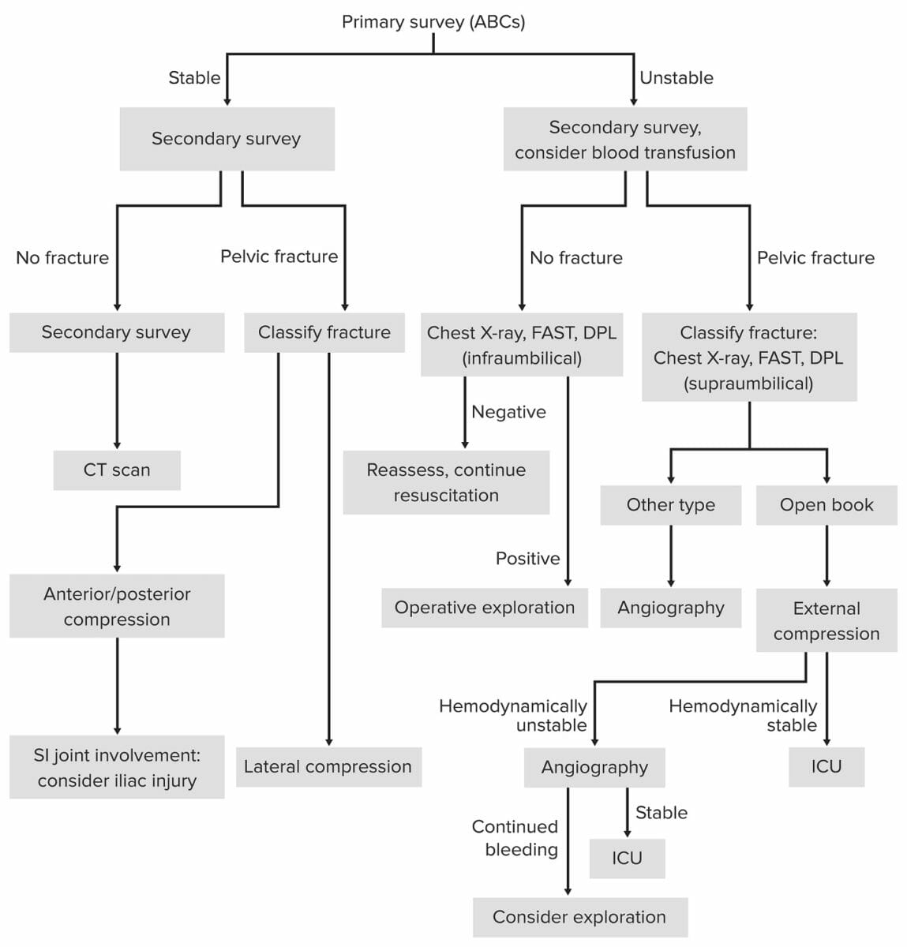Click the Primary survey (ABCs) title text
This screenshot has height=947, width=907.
pyautogui.click(x=433, y=22)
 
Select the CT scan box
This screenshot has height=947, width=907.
pyautogui.click(x=117, y=470)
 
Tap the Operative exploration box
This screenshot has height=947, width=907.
pyautogui.click(x=485, y=608)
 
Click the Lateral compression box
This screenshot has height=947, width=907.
pyautogui.click(x=328, y=767)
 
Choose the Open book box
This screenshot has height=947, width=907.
pyautogui.click(x=826, y=505)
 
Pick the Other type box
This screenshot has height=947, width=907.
pyautogui.click(x=670, y=505)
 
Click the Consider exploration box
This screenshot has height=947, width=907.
pyautogui.click(x=579, y=917)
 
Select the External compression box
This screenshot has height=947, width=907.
pyautogui.click(x=826, y=620)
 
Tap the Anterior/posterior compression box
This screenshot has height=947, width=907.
pyautogui.click(x=117, y=606)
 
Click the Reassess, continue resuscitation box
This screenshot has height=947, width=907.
pyautogui.click(x=446, y=482)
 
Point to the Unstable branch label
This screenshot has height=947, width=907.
pyautogui.click(x=677, y=78)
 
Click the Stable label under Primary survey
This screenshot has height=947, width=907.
pyautogui.click(x=194, y=78)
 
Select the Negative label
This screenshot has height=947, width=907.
pyautogui.click(x=508, y=412)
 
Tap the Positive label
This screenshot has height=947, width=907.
pyautogui.click(x=527, y=559)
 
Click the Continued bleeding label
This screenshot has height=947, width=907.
pyautogui.click(x=516, y=838)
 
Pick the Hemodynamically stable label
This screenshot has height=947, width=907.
pyautogui.click(x=744, y=715)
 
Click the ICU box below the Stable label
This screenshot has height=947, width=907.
pyautogui.click(x=627, y=859)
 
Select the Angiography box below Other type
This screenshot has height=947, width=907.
pyautogui.click(x=670, y=608)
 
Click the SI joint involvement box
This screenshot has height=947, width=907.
pyautogui.click(x=117, y=767)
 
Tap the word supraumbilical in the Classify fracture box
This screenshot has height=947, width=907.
pyautogui.click(x=748, y=384)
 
